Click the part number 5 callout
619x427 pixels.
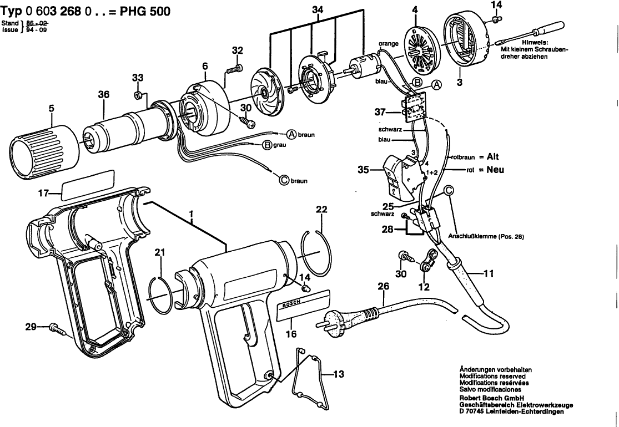pos(51,109)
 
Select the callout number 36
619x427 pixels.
pos(104,95)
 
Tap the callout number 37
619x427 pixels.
pos(380,112)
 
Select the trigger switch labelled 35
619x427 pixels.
pos(400,177)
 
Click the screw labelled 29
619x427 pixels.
pos(57,328)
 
